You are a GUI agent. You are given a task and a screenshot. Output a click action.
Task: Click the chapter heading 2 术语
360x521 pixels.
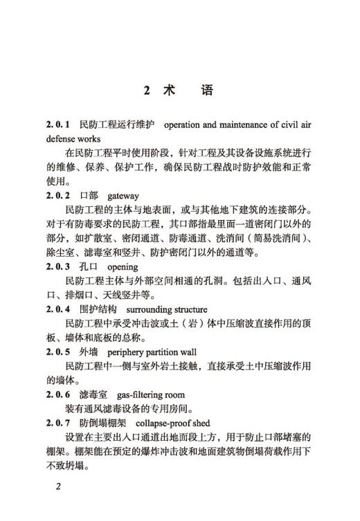[x=179, y=90]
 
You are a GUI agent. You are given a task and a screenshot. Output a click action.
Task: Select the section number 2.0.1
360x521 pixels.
[x=59, y=125]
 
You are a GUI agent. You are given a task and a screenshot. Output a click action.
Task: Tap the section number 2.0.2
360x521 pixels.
[x=59, y=195]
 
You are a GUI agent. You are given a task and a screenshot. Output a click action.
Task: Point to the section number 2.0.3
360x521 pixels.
[x=59, y=266]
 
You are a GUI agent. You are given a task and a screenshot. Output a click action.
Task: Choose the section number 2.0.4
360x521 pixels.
[x=59, y=309]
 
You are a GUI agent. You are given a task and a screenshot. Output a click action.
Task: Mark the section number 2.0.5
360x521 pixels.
[x=59, y=351]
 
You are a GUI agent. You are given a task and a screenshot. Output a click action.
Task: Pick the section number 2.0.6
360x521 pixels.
[x=59, y=394]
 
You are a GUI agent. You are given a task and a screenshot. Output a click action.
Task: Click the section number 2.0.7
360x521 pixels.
[x=59, y=422]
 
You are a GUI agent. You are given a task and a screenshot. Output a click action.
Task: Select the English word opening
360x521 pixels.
[x=123, y=266]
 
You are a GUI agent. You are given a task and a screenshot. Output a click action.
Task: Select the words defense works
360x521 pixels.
[x=73, y=138]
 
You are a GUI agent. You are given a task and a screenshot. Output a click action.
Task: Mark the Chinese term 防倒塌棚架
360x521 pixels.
[x=103, y=422]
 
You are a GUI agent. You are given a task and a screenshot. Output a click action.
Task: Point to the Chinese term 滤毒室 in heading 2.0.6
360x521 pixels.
[x=93, y=394]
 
